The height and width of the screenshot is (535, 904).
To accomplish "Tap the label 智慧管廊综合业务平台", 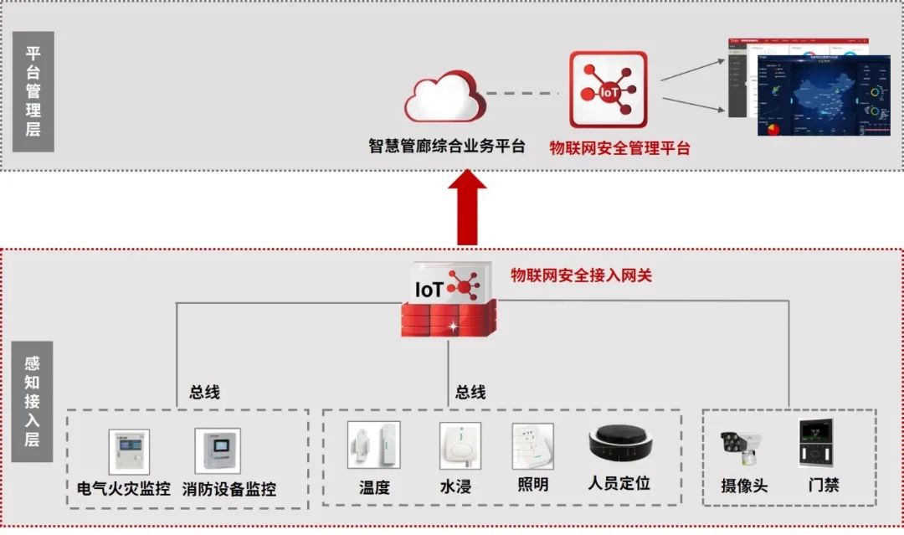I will [447, 147].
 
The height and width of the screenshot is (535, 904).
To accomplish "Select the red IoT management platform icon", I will [609, 90].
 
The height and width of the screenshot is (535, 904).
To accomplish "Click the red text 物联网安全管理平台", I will [620, 148].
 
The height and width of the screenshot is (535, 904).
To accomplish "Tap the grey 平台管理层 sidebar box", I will [33, 92].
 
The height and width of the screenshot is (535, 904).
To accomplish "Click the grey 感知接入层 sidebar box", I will [33, 401].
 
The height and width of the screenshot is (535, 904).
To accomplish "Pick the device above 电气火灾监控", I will [128, 452].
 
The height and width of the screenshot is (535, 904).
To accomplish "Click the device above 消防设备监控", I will [217, 452].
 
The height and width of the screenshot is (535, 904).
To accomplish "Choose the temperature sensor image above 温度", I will [373, 445].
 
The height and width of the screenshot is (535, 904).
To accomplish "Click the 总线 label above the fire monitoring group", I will [204, 392].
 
